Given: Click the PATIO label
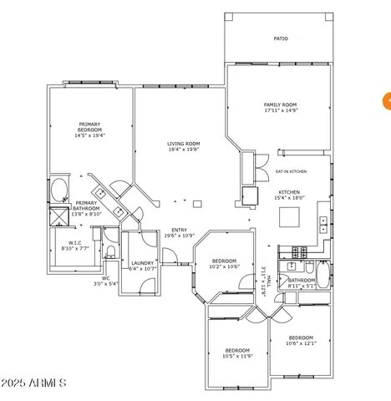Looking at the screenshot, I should [x=281, y=38].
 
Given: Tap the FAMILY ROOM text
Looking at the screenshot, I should [x=281, y=105].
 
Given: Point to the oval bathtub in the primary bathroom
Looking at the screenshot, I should [x=58, y=189].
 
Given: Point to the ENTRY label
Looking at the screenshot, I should [x=179, y=231].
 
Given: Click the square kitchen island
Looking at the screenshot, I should [x=290, y=217].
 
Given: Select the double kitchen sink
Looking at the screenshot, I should [x=322, y=223].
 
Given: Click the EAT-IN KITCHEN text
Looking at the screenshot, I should [x=291, y=171].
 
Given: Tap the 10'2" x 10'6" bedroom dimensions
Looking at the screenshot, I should [x=224, y=266].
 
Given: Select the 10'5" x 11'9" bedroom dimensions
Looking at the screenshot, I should [x=237, y=356].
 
